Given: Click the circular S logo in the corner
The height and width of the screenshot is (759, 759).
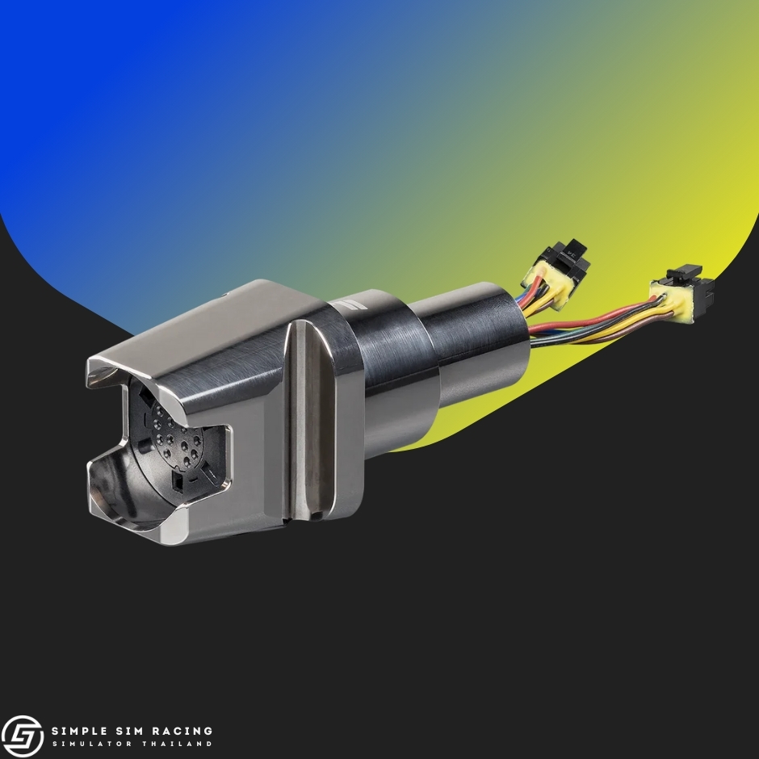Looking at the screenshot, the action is coord(23,736).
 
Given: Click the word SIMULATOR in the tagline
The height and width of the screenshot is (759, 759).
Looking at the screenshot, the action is coord(92,744).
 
